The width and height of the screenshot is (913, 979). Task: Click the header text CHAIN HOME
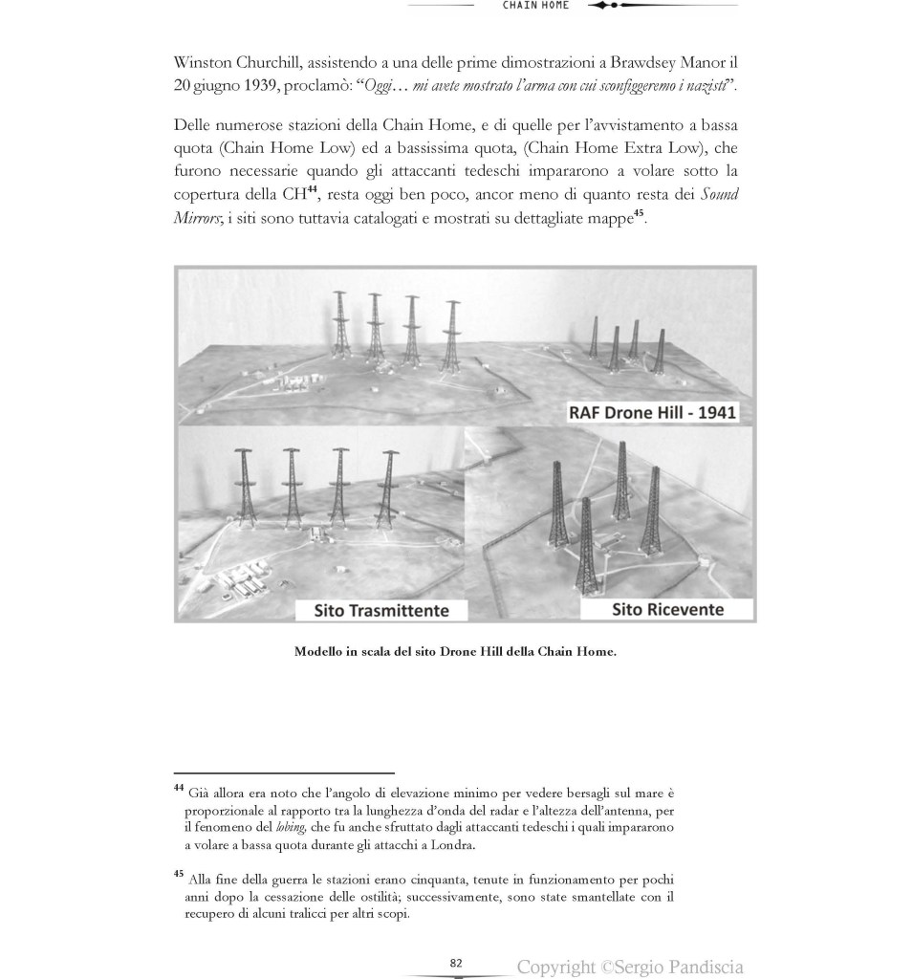[535, 5]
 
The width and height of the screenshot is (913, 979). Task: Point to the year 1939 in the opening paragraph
[232, 86]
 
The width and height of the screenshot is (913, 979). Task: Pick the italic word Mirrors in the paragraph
[197, 218]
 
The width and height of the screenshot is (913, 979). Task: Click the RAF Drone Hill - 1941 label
[647, 413]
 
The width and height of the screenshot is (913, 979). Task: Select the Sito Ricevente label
[668, 608]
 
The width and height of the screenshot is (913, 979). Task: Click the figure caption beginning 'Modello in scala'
[455, 652]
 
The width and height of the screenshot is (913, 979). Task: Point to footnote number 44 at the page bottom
[179, 788]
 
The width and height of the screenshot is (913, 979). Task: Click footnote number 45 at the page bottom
[179, 874]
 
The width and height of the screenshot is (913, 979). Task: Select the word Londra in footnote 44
[452, 844]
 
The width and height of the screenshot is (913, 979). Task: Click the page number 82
[456, 963]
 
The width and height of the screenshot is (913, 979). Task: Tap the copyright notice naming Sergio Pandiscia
[630, 967]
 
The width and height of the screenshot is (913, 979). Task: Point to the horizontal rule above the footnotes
[284, 772]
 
